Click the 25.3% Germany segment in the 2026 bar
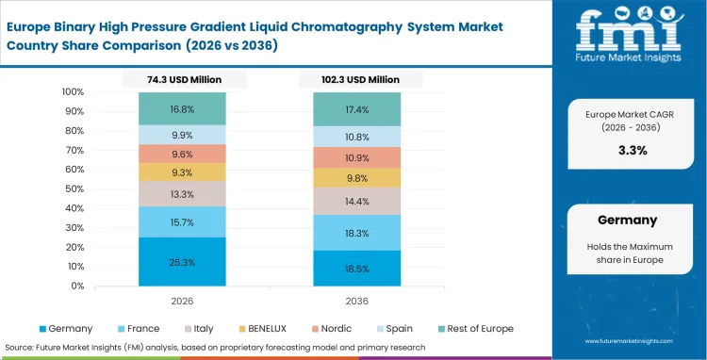(183, 261)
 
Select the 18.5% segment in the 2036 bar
(357, 268)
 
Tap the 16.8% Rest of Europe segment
(183, 108)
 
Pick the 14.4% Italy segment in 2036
(357, 202)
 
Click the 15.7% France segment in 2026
(183, 221)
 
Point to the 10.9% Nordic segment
(357, 157)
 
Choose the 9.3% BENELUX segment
(183, 172)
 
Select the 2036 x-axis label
(357, 303)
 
